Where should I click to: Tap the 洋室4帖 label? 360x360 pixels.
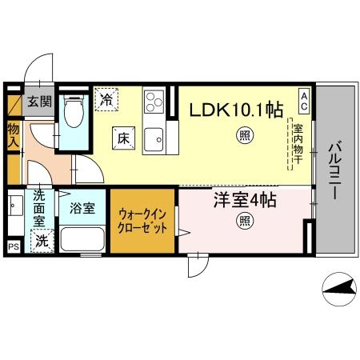(x=243, y=201)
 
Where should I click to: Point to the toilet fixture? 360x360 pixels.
(x=74, y=114)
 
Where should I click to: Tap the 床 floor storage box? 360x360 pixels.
(x=123, y=138)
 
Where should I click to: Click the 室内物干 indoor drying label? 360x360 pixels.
(x=296, y=144)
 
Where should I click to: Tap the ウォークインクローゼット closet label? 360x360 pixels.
(x=142, y=220)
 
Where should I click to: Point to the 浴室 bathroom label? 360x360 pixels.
(x=81, y=209)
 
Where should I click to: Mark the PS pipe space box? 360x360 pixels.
(x=14, y=246)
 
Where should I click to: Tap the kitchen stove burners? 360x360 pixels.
(x=154, y=102)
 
